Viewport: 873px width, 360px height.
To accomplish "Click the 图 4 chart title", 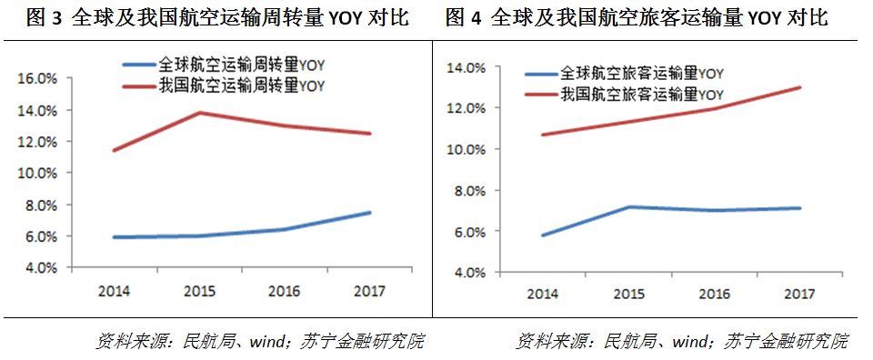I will pos(637,18).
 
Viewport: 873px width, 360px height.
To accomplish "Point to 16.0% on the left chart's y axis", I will pos(38,79).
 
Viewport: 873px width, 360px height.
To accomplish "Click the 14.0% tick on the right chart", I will pos(465,67).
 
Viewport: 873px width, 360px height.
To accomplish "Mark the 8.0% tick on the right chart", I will pos(468,191).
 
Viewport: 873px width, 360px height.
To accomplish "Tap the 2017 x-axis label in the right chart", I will pos(799,294).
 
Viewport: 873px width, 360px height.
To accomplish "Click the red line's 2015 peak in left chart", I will pos(198,113).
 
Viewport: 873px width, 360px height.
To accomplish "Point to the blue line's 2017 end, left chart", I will pos(370,213).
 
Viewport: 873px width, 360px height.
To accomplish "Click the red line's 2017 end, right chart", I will pos(799,87).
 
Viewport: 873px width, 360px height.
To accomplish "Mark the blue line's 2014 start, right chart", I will pos(542,235).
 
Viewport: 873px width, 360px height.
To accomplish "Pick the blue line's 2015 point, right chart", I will pos(627,206).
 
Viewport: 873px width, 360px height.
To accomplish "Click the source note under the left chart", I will pos(260,342).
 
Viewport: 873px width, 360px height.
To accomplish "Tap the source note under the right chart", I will pos(682,342).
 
